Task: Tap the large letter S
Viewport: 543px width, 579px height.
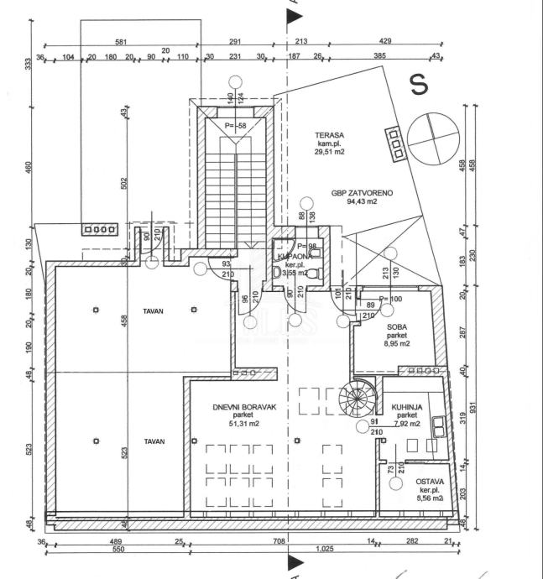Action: (x=418, y=84)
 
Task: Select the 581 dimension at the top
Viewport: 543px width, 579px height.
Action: (x=121, y=41)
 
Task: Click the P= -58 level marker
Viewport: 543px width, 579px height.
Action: (x=236, y=126)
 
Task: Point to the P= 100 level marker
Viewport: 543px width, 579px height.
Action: (x=392, y=298)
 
